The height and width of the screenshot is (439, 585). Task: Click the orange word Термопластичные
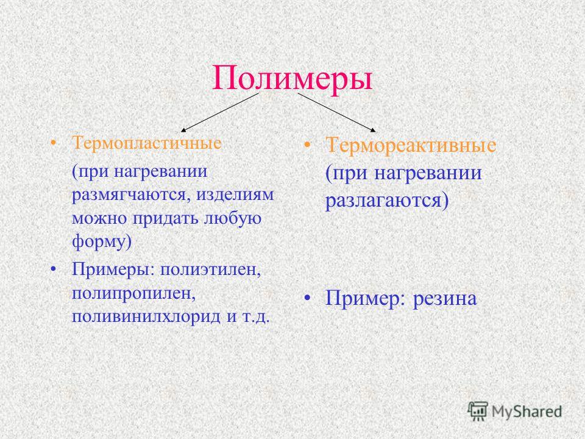pyautogui.click(x=147, y=143)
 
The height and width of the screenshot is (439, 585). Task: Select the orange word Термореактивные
pyautogui.click(x=411, y=145)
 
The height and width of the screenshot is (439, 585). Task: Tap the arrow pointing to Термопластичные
pyautogui.click(x=219, y=112)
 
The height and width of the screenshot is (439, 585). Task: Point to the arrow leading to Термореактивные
pyautogui.click(x=336, y=112)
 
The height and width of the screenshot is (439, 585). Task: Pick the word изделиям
pyautogui.click(x=235, y=195)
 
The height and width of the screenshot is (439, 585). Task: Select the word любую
pyautogui.click(x=232, y=218)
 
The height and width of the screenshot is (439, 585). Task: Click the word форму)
pyautogui.click(x=102, y=242)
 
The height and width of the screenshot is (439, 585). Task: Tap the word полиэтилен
pyautogui.click(x=211, y=269)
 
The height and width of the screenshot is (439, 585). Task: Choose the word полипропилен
pyautogui.click(x=134, y=294)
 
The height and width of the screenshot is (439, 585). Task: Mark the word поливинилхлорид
pyautogui.click(x=146, y=317)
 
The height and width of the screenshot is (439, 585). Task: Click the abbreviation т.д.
pyautogui.click(x=255, y=317)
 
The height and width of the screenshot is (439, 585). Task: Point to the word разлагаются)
pyautogui.click(x=387, y=201)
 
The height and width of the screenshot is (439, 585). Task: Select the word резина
pyautogui.click(x=445, y=299)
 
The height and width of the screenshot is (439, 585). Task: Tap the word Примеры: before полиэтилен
pyautogui.click(x=113, y=269)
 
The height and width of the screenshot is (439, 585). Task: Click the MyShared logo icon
pyautogui.click(x=478, y=412)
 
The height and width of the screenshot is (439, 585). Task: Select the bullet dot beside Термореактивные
pyautogui.click(x=307, y=145)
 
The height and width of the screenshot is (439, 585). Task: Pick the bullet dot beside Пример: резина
pyautogui.click(x=307, y=298)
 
